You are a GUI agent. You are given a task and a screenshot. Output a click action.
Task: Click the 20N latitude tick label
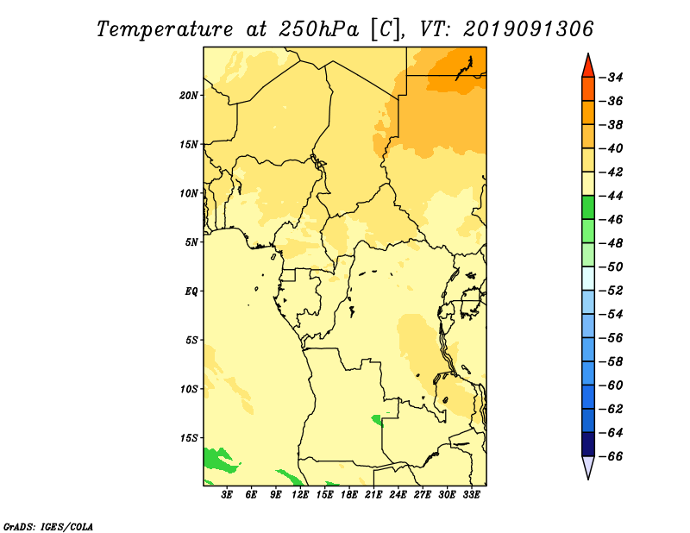click(189, 96)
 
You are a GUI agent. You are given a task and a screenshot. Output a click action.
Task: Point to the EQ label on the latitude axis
click(191, 292)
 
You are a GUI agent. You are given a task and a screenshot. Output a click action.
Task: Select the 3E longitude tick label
click(227, 495)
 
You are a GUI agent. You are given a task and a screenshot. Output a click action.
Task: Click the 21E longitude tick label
click(373, 495)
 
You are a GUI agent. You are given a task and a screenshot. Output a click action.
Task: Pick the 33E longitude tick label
click(471, 495)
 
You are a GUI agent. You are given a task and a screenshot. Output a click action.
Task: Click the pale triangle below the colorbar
click(588, 466)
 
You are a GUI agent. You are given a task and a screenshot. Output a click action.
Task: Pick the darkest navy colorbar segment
click(588, 444)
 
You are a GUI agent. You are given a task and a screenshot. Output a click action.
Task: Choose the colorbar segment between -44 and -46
click(588, 207)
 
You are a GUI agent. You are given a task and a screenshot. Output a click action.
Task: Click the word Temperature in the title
click(165, 29)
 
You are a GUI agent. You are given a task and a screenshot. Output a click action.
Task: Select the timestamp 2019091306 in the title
click(529, 29)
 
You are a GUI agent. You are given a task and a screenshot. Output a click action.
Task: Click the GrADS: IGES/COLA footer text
click(48, 526)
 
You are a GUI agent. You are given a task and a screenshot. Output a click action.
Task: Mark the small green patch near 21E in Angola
click(378, 420)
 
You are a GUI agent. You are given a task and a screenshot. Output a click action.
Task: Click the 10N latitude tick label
click(189, 193)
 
